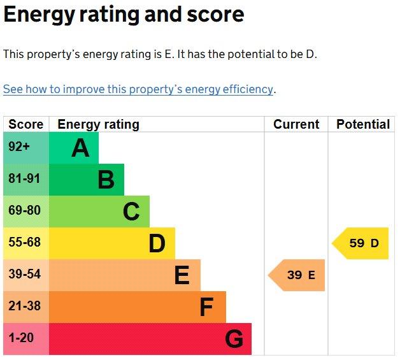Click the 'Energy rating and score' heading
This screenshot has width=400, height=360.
click(x=124, y=15)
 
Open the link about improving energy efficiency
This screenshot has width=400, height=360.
click(x=138, y=90)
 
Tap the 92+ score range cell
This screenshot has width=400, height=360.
click(x=26, y=148)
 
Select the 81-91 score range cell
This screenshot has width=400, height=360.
click(x=26, y=180)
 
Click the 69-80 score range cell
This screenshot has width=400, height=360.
click(x=26, y=212)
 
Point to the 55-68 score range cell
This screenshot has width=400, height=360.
click(x=26, y=243)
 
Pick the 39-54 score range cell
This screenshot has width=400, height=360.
click(x=26, y=275)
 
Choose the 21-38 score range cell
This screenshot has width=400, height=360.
click(x=26, y=307)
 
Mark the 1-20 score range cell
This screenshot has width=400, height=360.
click(x=26, y=339)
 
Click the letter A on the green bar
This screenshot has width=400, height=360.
click(x=80, y=148)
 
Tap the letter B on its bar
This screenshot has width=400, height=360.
click(x=106, y=180)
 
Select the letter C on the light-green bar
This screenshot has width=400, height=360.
click(x=131, y=212)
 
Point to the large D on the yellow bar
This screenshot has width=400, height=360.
click(x=157, y=243)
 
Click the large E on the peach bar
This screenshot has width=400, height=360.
click(x=182, y=275)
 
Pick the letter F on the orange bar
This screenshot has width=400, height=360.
click(x=206, y=307)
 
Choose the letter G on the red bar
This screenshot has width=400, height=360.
click(x=234, y=339)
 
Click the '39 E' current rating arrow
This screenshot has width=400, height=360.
click(x=296, y=275)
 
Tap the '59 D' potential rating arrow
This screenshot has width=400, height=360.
click(x=360, y=243)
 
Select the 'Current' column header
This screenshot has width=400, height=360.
click(x=296, y=124)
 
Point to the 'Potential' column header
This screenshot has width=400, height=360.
click(x=363, y=124)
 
